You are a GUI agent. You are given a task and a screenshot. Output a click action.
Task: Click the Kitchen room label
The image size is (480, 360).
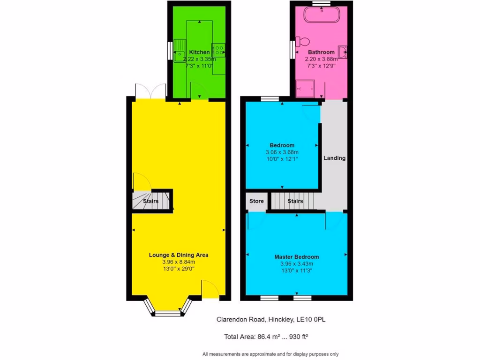click(199, 52)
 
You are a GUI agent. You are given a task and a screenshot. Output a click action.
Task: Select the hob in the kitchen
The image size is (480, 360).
click(218, 49)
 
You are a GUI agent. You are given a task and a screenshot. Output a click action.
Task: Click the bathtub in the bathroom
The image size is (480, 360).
click(321, 15)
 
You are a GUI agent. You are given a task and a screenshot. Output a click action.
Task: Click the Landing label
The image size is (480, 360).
click(334, 158)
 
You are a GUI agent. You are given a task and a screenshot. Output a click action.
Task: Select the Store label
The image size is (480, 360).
click(256, 201)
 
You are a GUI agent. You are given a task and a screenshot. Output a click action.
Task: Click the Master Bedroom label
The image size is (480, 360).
click(296, 257)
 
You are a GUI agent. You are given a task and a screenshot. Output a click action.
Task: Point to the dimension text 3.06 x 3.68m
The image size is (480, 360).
click(282, 152)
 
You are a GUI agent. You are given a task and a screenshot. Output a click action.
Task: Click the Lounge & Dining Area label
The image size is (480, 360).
click(178, 255)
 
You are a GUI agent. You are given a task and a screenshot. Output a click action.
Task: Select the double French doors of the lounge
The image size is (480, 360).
click(150, 91)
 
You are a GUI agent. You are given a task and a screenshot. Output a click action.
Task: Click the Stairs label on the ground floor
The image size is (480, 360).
click(150, 201)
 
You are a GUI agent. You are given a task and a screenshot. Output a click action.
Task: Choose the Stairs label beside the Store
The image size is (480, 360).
click(295, 201)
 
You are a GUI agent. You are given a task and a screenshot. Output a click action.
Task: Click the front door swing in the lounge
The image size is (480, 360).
click(210, 289)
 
